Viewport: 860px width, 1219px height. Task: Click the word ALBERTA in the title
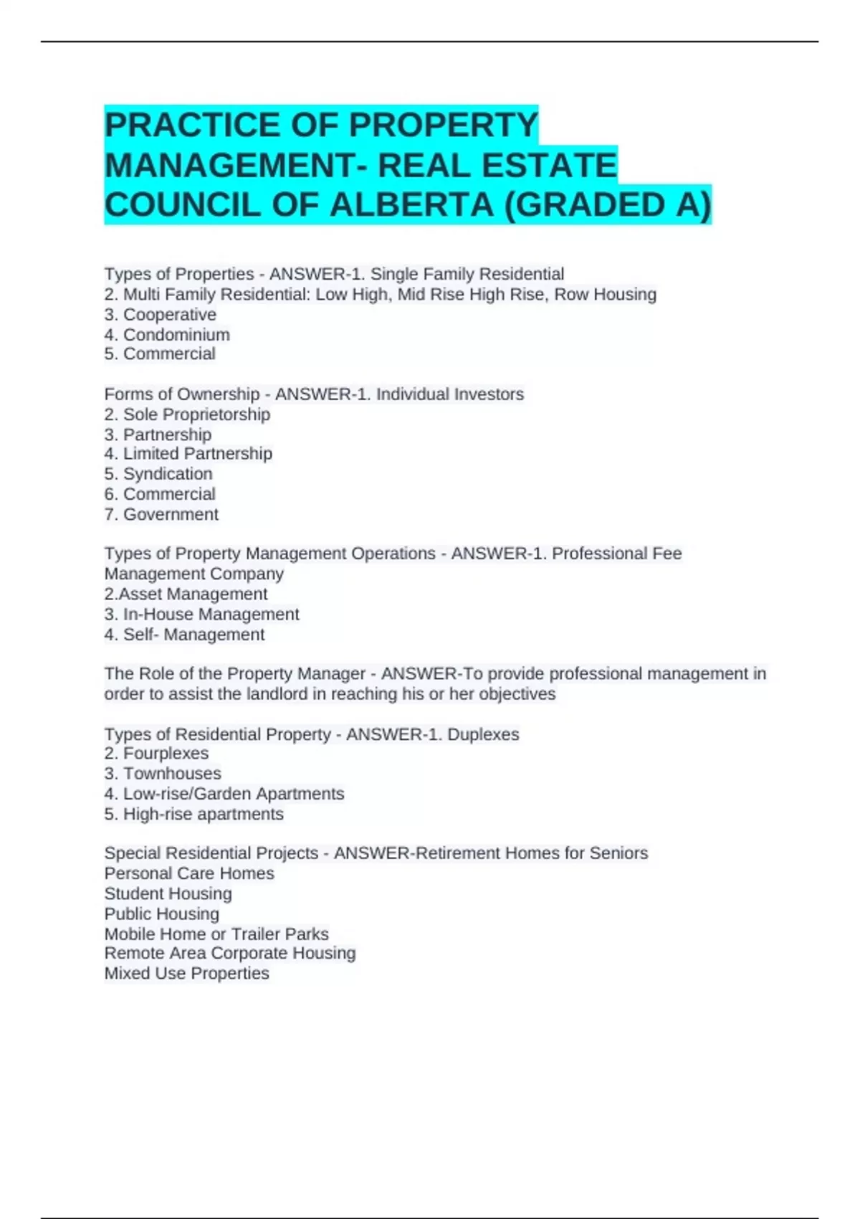click(411, 205)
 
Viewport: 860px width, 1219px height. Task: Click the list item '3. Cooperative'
click(160, 315)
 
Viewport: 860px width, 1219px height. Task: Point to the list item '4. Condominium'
click(167, 335)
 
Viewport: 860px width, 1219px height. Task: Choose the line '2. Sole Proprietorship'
click(187, 414)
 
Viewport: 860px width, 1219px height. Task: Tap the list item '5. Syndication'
click(158, 474)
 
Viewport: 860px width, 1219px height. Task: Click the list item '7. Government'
click(161, 514)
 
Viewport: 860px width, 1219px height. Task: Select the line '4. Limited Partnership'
click(188, 454)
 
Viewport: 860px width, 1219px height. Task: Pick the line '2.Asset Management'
click(186, 594)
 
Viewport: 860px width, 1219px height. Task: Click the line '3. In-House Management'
click(201, 615)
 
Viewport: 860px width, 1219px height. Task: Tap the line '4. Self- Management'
click(184, 635)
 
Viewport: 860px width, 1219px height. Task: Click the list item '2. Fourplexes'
click(156, 754)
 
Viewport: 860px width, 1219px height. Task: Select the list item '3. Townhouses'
click(163, 774)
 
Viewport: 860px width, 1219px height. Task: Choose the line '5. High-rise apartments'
click(193, 815)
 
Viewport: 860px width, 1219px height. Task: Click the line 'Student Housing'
click(168, 894)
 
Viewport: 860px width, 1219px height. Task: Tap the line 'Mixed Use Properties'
click(186, 974)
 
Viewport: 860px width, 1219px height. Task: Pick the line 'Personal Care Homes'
click(189, 873)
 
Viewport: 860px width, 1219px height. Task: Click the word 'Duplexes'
click(483, 734)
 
